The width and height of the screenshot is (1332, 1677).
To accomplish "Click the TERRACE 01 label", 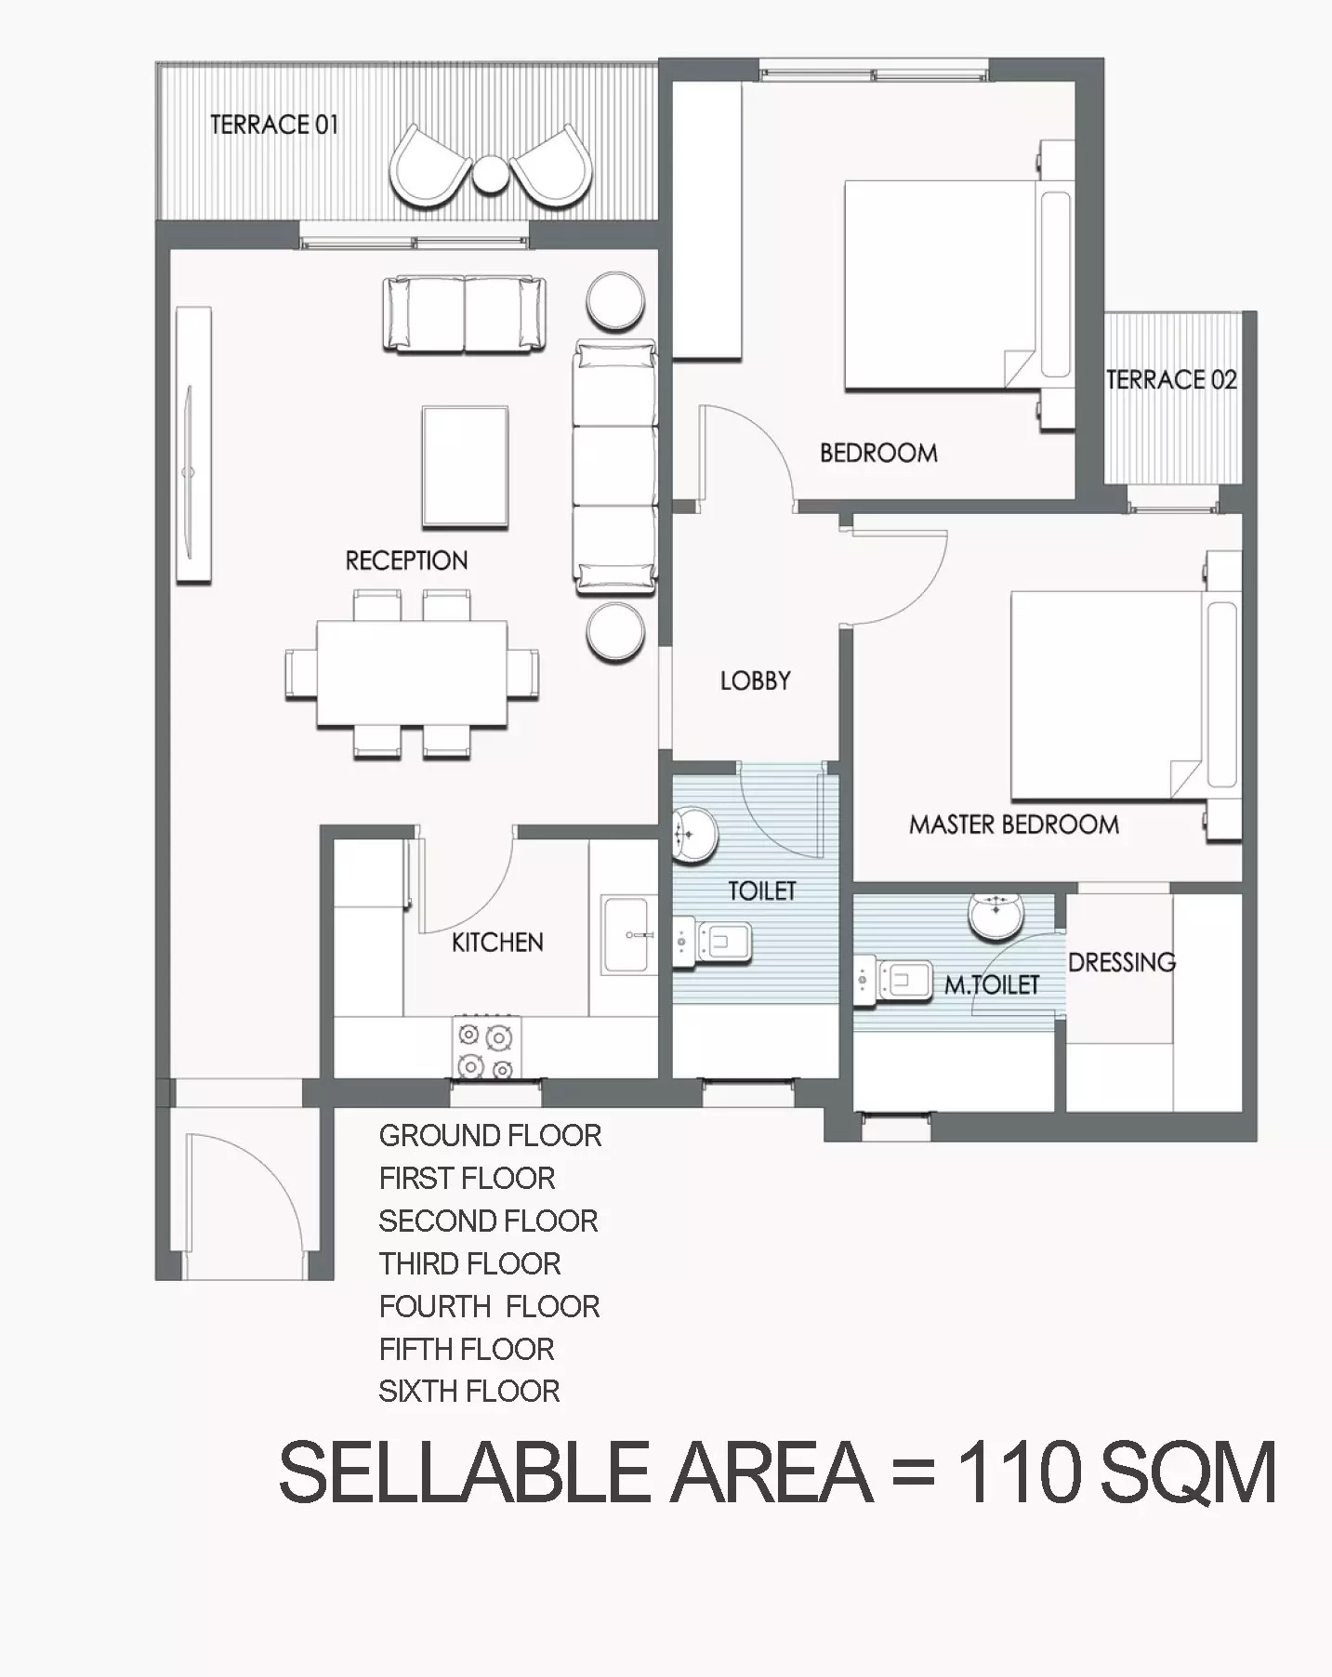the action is tap(274, 125).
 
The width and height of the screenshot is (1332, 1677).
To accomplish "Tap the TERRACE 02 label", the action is tap(1171, 379).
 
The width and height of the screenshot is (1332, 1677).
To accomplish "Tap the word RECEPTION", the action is tap(406, 561).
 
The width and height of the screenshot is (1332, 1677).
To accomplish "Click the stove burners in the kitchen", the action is tap(486, 1047).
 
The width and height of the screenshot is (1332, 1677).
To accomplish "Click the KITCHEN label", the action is tap(497, 943).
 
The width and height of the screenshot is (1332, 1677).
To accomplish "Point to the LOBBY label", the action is tap(755, 680).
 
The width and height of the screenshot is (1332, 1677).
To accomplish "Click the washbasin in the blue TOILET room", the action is tap(692, 833).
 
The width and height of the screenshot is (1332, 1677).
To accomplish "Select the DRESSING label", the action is tap(1122, 962).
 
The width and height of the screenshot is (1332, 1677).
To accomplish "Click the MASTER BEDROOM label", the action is tap(1014, 825).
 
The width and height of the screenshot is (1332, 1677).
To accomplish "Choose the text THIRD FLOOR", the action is tap(469, 1264).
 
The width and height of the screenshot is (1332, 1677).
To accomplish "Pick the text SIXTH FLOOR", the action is tap(469, 1392).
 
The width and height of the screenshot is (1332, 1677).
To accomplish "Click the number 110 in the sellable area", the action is tap(1019, 1472).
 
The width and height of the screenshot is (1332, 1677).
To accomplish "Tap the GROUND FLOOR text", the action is tap(490, 1136).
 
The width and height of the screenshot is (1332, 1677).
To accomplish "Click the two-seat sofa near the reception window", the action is tap(465, 314).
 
